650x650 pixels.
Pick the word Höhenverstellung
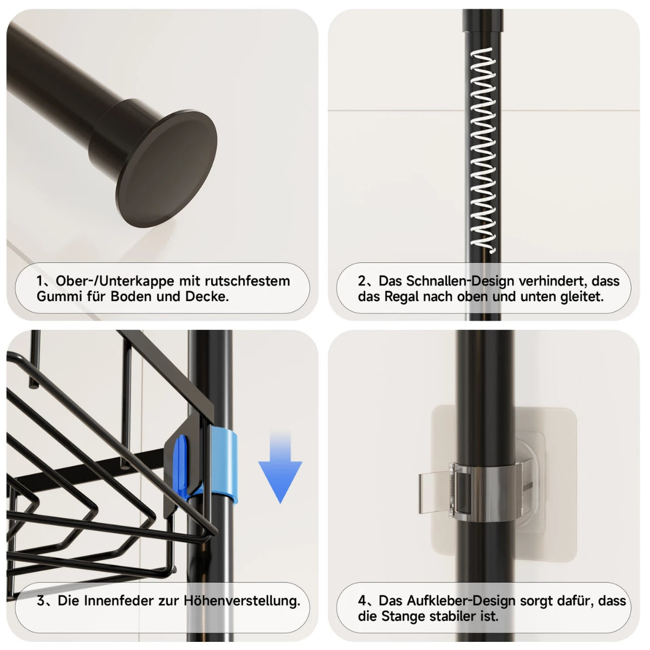coord(242,600)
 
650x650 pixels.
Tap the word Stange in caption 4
coord(404,616)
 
